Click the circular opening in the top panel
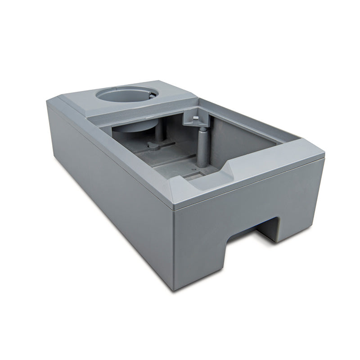[127, 96]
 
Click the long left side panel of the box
[108, 189]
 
